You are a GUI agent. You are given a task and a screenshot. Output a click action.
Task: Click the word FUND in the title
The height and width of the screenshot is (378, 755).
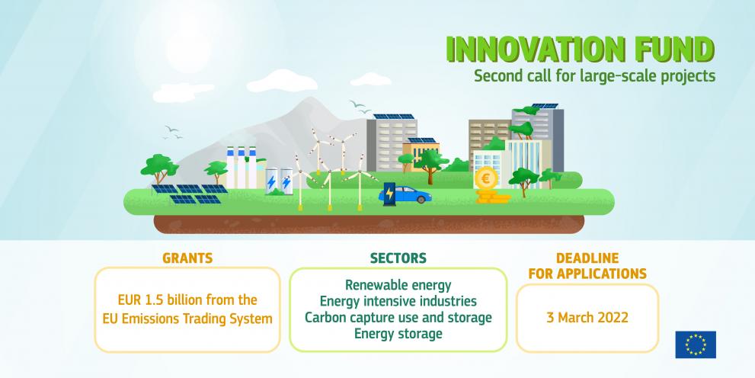[670, 50]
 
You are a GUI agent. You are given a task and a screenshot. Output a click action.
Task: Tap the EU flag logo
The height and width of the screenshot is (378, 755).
[696, 344]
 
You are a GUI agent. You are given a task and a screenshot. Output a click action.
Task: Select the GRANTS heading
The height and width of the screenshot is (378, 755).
[187, 258]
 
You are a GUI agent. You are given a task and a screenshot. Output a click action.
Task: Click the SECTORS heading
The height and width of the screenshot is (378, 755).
[398, 258]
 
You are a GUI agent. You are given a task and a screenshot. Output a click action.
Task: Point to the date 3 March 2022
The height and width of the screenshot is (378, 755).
[587, 318]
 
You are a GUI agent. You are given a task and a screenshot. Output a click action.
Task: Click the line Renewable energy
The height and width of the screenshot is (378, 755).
[398, 285]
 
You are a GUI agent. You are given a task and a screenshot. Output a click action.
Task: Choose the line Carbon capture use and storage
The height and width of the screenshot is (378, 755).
[398, 317]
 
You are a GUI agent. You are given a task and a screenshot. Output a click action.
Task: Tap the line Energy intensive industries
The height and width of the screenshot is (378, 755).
[398, 302]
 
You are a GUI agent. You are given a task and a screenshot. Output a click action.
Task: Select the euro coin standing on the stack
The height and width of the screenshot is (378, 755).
[486, 178]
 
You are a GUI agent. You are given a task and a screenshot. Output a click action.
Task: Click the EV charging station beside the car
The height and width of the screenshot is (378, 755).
[389, 194]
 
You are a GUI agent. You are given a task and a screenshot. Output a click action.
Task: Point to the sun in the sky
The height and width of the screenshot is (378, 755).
[189, 46]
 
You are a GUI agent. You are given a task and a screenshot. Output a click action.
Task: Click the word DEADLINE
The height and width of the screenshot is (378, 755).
[587, 258]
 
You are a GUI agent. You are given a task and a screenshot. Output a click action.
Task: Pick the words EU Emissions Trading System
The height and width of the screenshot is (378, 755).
[187, 319]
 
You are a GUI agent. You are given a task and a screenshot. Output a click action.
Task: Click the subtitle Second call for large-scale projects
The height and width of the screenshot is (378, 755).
[595, 76]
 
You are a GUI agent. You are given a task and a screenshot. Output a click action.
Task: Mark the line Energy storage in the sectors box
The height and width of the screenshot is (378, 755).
[398, 334]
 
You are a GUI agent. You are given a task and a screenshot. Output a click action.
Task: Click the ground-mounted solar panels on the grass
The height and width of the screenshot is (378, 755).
[190, 194]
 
